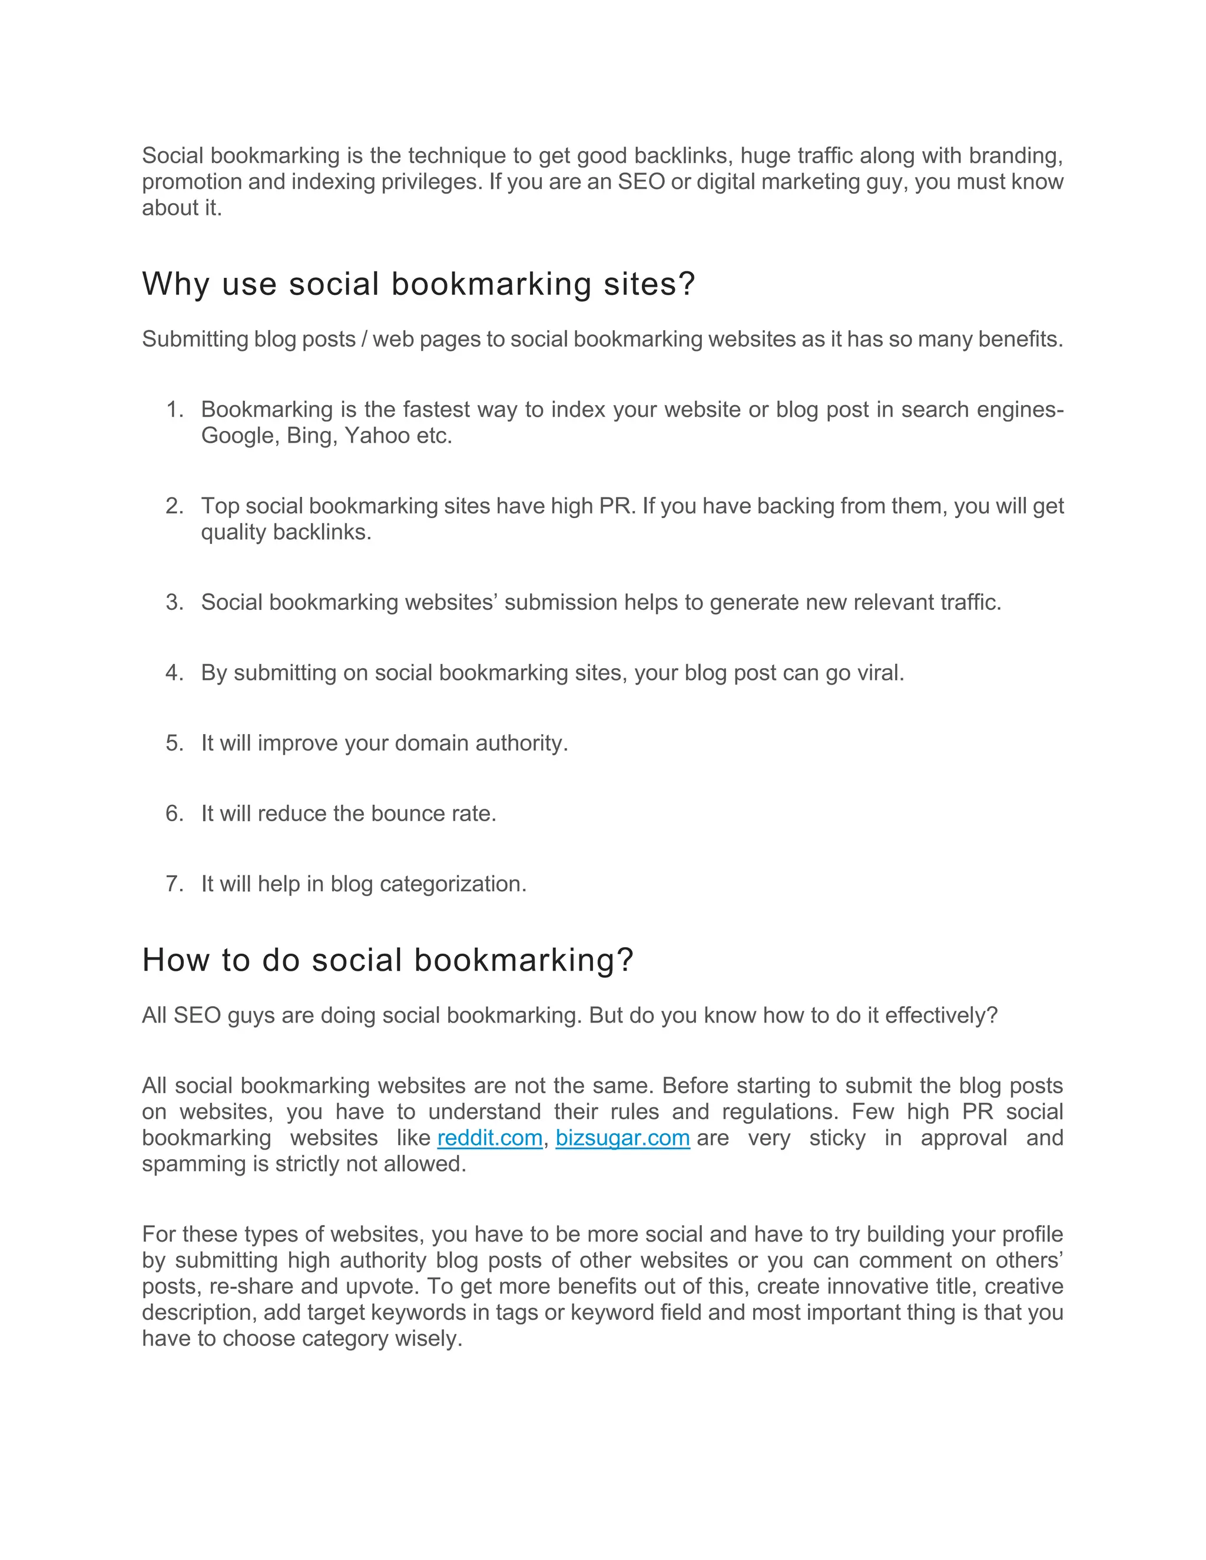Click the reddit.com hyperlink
click(489, 1138)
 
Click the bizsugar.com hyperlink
click(622, 1138)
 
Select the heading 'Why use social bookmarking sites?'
click(418, 284)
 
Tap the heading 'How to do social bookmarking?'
click(388, 960)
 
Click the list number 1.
click(174, 409)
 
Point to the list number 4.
click(174, 673)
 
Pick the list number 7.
click(174, 884)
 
